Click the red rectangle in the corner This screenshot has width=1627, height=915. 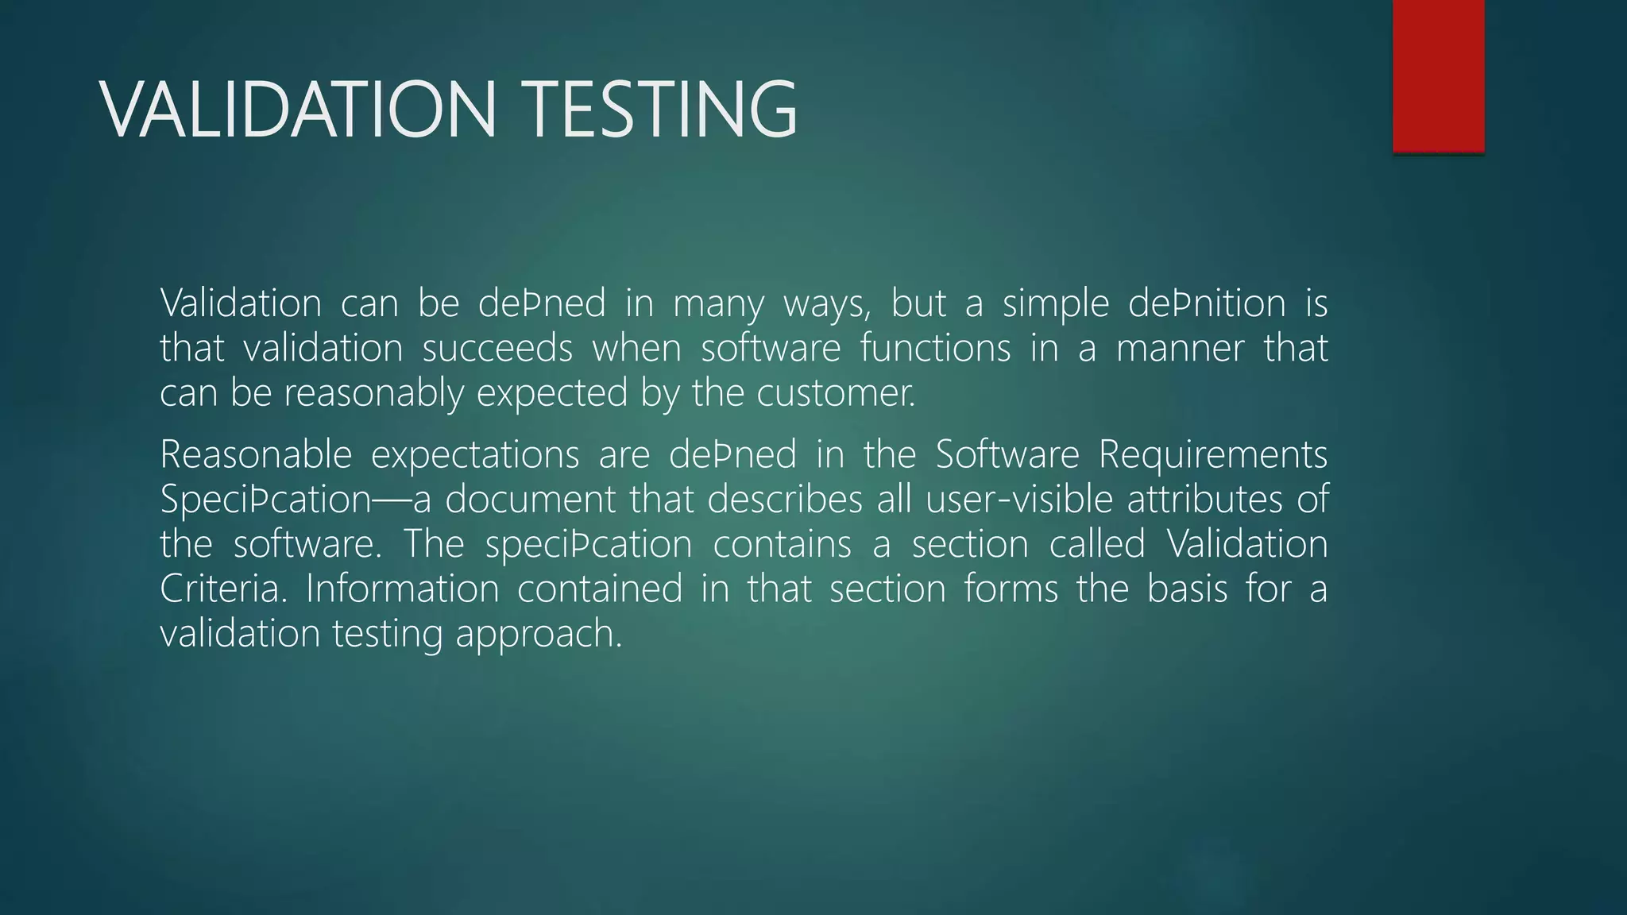coord(1438,75)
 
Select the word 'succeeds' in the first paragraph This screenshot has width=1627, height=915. coord(497,349)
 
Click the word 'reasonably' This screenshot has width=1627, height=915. coord(373,393)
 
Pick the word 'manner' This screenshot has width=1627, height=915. coord(1180,349)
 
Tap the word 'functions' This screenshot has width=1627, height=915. coord(935,349)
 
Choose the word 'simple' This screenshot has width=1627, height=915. coord(1055,304)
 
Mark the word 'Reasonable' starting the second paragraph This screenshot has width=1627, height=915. coord(256,455)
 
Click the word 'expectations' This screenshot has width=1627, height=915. coord(475,455)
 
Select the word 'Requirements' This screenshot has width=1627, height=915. coord(1213,455)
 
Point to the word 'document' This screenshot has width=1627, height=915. coord(530,500)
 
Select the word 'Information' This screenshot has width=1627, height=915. coord(402,589)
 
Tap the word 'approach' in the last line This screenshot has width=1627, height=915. coord(538,634)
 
